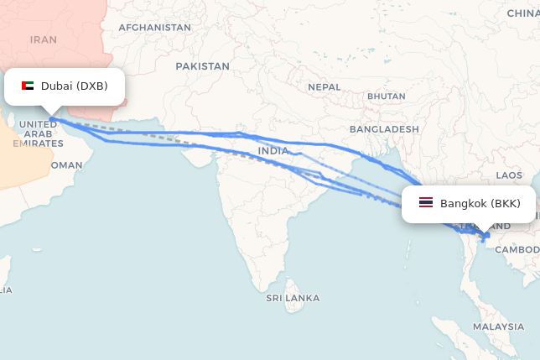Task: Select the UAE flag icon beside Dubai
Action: pos(28,86)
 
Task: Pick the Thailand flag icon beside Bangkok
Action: pos(426,203)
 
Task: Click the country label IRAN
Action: pos(43,39)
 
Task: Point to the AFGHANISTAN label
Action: pos(154,28)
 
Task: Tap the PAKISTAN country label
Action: pos(202,65)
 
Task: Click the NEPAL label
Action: pos(325,87)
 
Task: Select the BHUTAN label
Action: pos(386,97)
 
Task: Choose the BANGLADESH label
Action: pos(384,129)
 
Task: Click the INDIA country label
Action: pos(273,151)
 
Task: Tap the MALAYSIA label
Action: pos(498,326)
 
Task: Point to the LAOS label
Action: pos(509,175)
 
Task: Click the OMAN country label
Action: pos(67,165)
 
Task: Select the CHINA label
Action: pos(524,13)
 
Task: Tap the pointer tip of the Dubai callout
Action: pos(51,116)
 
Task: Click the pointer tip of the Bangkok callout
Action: pos(485,234)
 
